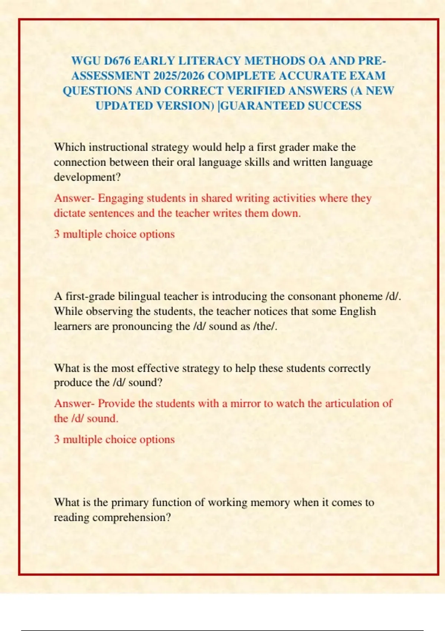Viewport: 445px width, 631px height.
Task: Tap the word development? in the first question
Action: point(87,177)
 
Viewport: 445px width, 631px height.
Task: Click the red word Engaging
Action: point(121,199)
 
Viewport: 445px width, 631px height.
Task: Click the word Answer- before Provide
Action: point(74,403)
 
